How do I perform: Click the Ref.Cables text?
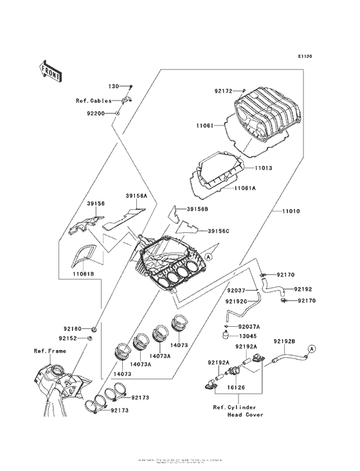pyautogui.click(x=94, y=100)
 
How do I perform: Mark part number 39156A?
pyautogui.click(x=137, y=196)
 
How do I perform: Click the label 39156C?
pyautogui.click(x=219, y=230)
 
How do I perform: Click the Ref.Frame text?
pyautogui.click(x=50, y=352)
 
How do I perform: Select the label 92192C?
pyautogui.click(x=237, y=300)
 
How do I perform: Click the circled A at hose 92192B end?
pyautogui.click(x=312, y=348)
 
